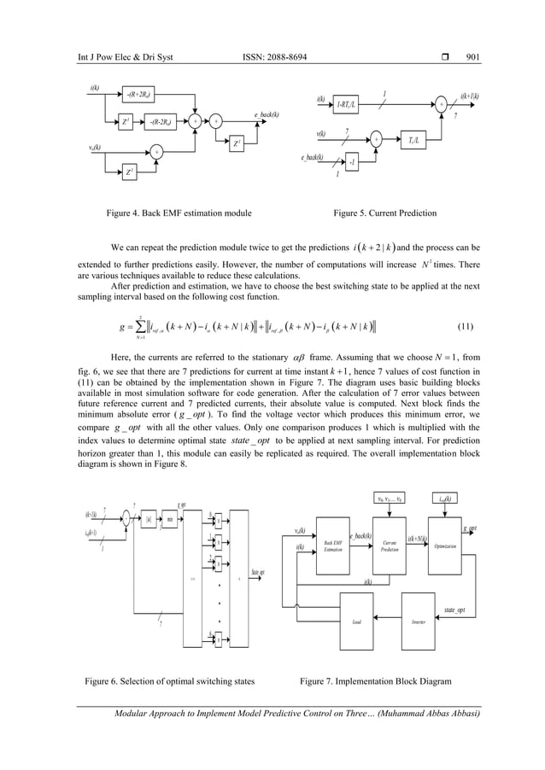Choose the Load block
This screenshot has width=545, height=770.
[x=357, y=622]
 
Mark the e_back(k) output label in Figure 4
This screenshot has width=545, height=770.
[x=267, y=114]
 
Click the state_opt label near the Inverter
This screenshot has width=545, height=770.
[x=460, y=610]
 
